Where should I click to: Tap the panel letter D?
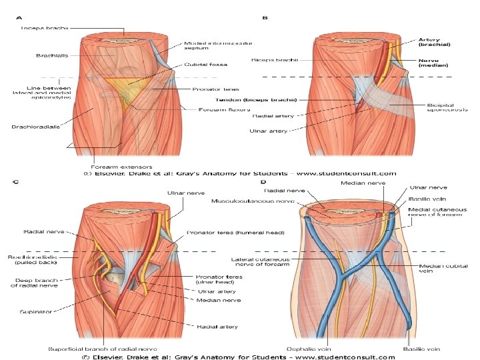pos(265,182)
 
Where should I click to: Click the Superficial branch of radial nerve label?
pos(103,349)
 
